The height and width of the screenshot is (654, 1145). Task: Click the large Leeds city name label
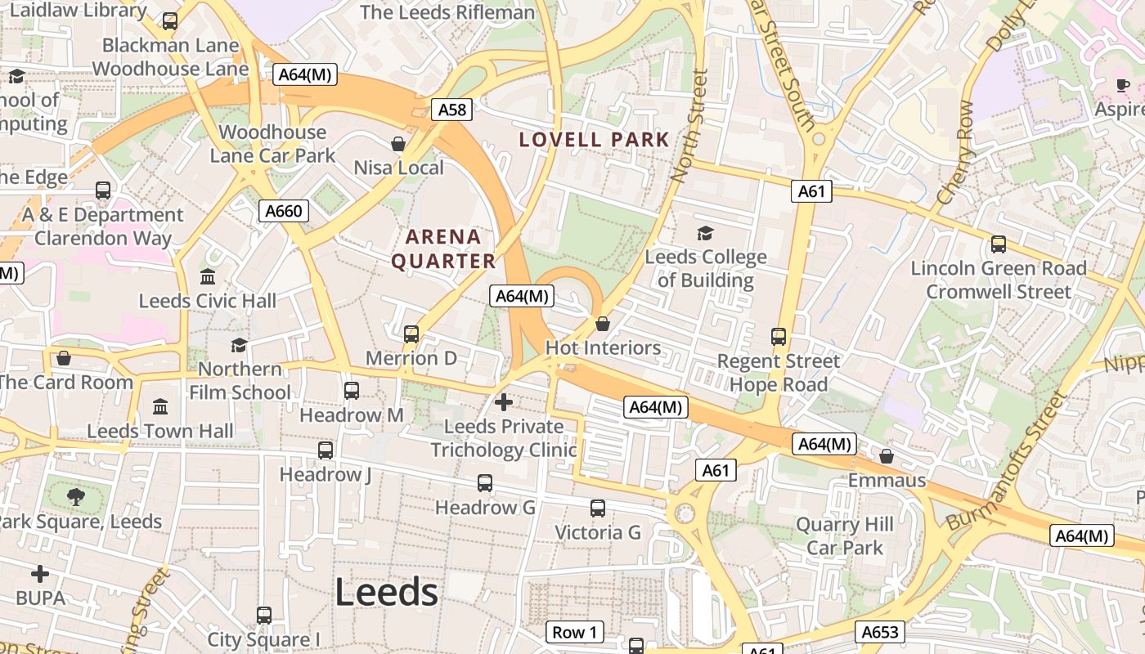[x=386, y=592]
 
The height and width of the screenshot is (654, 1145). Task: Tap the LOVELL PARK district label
[x=595, y=140]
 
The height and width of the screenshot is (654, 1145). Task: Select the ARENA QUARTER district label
[x=443, y=249]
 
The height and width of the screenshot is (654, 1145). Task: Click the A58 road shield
[x=452, y=110]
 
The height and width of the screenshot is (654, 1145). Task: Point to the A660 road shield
[x=284, y=211]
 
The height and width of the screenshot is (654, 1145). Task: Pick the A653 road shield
[x=880, y=632]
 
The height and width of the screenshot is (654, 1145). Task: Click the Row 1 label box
[x=574, y=632]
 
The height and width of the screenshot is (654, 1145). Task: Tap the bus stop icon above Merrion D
[x=411, y=334]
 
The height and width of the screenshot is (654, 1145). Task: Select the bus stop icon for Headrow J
[x=326, y=450]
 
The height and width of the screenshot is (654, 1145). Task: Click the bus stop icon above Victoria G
[x=598, y=508]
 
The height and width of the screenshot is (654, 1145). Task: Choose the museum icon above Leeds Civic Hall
[x=208, y=276]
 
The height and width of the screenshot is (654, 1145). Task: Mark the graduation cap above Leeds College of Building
[x=705, y=234]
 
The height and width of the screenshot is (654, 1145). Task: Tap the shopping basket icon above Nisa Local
[x=398, y=144]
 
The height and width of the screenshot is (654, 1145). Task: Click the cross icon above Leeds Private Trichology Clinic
[x=504, y=402]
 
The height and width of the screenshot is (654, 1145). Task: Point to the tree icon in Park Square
[x=75, y=496]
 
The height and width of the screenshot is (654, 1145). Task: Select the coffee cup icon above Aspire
[x=1123, y=85]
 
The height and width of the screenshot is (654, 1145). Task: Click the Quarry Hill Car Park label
[x=845, y=536]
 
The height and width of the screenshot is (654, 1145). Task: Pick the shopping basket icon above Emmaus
[x=887, y=455]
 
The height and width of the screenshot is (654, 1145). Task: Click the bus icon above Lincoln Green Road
[x=998, y=244]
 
